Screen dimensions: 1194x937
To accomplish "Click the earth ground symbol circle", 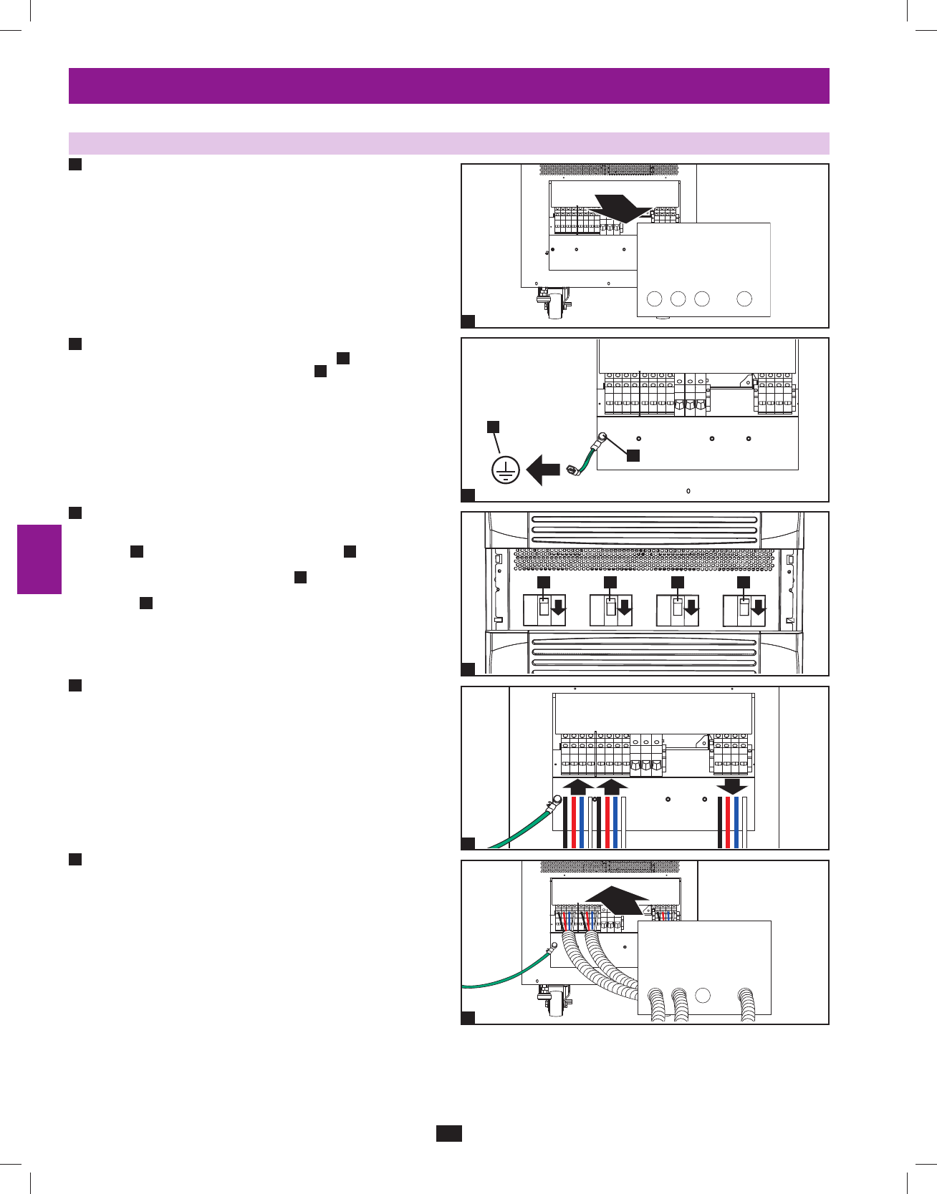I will tap(506, 470).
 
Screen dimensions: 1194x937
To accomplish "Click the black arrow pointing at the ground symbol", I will tap(543, 471).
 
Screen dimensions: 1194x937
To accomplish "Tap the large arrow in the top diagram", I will tap(620, 208).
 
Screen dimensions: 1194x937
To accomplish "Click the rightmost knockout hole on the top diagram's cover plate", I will tap(744, 298).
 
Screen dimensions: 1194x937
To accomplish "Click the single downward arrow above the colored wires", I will tap(732, 786).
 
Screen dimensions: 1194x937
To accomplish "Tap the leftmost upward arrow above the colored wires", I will tap(577, 787).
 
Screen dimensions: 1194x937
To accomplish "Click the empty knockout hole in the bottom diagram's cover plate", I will tap(703, 995).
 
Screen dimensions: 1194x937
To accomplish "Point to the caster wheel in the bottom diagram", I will tap(554, 1005).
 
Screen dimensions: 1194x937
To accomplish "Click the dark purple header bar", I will tap(448, 86).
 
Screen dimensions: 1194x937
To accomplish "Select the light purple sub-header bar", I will tap(448, 143).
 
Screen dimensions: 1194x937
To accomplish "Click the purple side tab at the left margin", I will tap(39, 559).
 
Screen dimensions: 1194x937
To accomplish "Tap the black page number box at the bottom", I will tap(448, 1133).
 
